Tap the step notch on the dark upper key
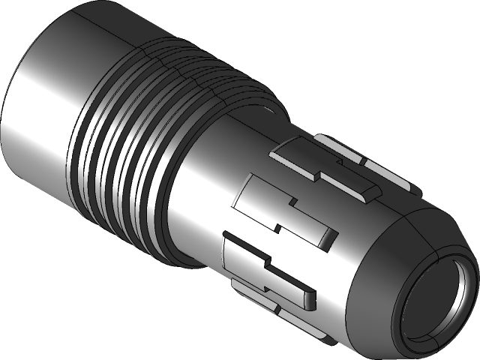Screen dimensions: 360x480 (322, 176)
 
